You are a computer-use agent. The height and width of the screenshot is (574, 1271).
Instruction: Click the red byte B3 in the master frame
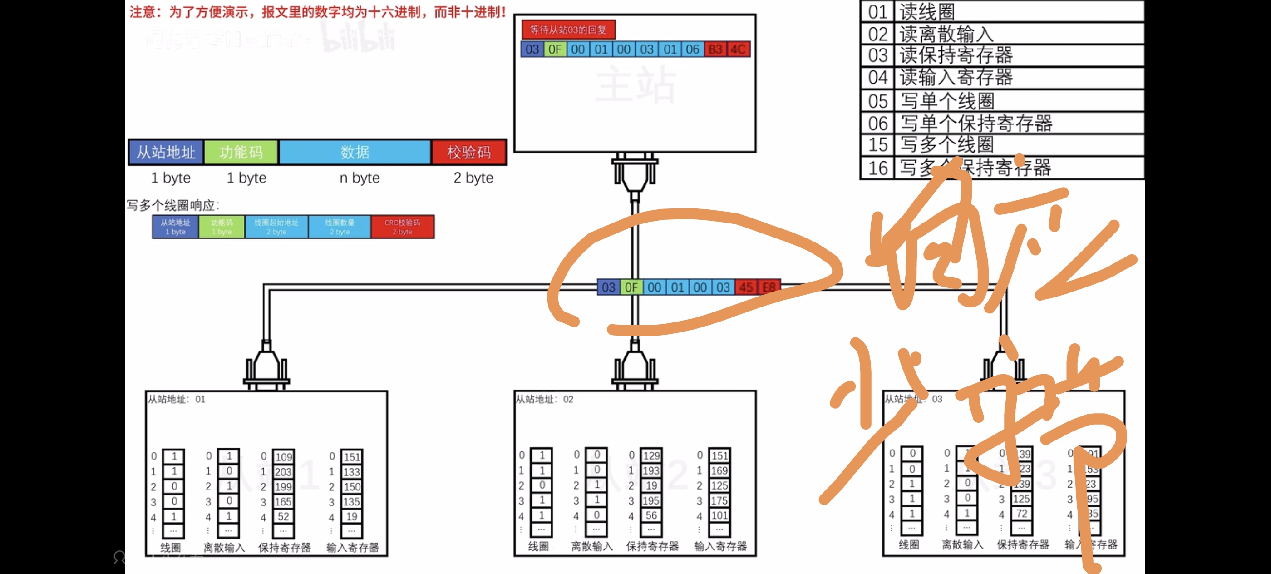715,49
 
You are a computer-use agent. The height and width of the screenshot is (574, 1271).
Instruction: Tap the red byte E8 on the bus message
769,287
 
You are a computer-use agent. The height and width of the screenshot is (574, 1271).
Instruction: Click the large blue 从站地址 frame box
166,152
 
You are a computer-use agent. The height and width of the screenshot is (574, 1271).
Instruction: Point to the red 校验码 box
469,152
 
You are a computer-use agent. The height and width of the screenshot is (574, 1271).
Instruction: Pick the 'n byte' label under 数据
359,178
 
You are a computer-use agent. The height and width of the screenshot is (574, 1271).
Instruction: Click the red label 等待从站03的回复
568,30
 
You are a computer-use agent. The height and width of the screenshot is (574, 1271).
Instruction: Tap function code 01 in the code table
878,11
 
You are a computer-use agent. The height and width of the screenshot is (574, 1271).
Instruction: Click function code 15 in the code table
878,144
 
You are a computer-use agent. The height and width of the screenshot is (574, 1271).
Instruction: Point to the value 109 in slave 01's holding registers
283,456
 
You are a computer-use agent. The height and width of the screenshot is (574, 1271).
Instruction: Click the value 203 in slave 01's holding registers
283,472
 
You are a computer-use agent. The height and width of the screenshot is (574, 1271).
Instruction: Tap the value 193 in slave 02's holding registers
651,470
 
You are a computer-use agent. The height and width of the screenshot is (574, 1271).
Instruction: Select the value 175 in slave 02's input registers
719,500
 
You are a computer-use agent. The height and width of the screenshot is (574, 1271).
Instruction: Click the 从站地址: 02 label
545,399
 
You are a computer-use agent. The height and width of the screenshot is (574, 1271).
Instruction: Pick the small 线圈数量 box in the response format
340,227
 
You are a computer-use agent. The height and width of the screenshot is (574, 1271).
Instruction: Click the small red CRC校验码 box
402,227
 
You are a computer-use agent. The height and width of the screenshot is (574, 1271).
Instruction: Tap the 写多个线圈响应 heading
172,205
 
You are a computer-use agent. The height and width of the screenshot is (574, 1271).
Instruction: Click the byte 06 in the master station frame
692,49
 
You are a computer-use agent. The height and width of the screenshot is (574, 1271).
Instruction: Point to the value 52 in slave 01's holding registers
283,516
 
